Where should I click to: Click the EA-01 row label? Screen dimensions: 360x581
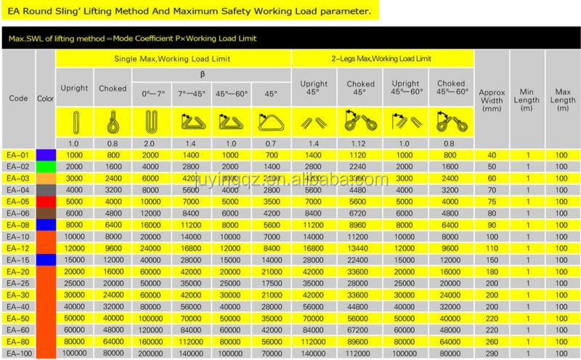pyautogui.click(x=19, y=155)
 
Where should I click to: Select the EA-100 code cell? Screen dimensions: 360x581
pyautogui.click(x=19, y=352)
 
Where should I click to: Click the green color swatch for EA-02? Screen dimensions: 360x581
pyautogui.click(x=46, y=166)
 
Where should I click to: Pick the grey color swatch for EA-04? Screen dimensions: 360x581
pyautogui.click(x=46, y=189)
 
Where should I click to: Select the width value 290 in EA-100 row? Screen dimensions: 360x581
pyautogui.click(x=492, y=352)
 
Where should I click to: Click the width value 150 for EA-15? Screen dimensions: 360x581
pyautogui.click(x=492, y=259)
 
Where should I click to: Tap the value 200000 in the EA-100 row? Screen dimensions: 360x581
pyautogui.click(x=152, y=352)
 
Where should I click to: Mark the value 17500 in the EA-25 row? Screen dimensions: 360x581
pyautogui.click(x=271, y=282)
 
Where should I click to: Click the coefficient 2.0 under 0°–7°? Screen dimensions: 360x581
pyautogui.click(x=152, y=144)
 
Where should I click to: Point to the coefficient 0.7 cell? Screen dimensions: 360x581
pyautogui.click(x=271, y=144)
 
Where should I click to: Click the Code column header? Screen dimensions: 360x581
pyautogui.click(x=19, y=98)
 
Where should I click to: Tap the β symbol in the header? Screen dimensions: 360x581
pyautogui.click(x=212, y=74)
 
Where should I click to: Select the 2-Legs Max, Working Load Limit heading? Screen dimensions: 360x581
pyautogui.click(x=381, y=58)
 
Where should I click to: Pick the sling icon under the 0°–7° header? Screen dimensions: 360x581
pyautogui.click(x=152, y=120)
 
